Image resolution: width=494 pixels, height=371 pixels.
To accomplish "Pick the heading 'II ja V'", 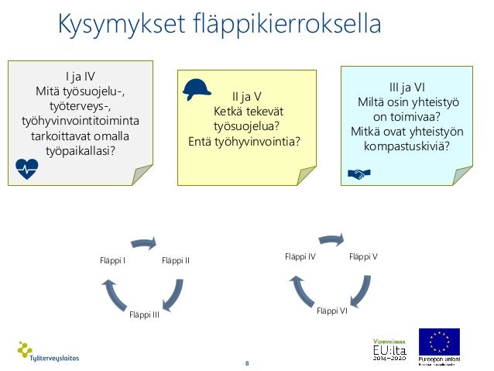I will [247, 96].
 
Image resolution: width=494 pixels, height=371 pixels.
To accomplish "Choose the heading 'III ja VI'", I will [407, 88].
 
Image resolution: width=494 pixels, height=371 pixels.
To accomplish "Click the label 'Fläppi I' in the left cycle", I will [113, 260].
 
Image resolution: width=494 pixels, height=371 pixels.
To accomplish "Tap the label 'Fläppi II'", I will [176, 260].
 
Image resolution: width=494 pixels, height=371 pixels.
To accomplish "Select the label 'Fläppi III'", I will [144, 313].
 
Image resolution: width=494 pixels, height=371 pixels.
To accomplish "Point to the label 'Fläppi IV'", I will [300, 256].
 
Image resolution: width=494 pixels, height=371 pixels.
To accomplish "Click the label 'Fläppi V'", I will [363, 256].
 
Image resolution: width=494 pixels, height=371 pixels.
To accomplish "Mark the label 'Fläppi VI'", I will [332, 311].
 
